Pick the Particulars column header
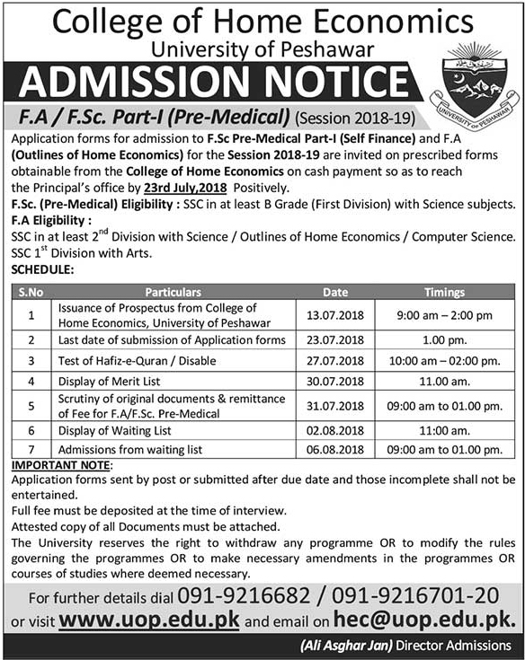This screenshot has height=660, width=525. click(x=177, y=292)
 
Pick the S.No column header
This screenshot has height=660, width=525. click(x=32, y=292)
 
